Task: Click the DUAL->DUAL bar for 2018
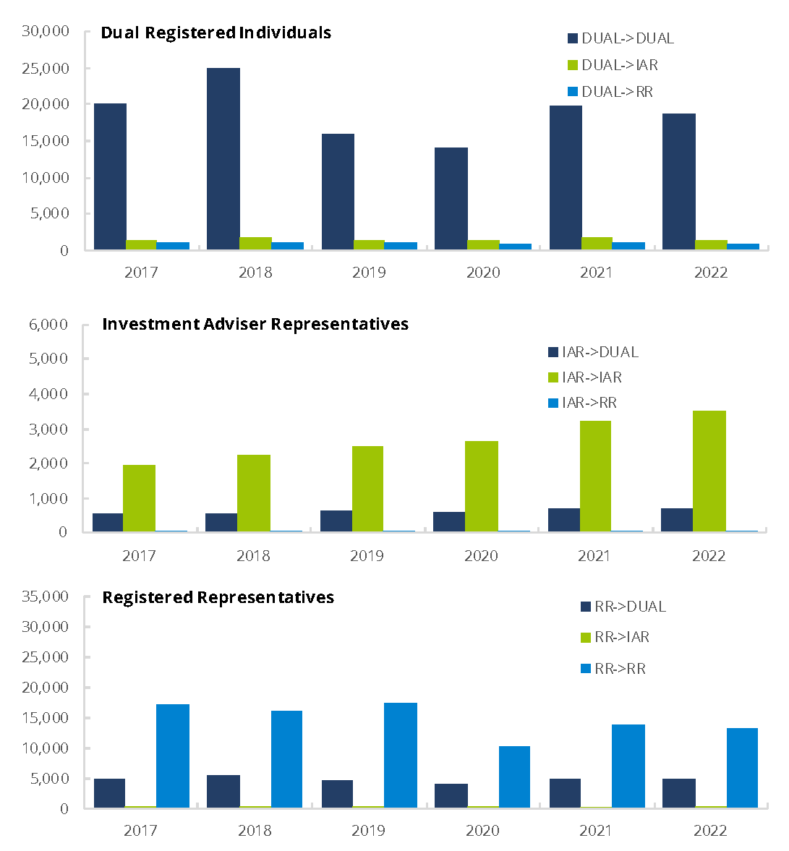[223, 159]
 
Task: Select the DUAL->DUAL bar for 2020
[451, 199]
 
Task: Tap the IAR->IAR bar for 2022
[709, 471]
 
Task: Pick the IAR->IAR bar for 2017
[139, 498]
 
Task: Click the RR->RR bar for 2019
[401, 755]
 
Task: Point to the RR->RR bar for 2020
[514, 777]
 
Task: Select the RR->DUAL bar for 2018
[223, 791]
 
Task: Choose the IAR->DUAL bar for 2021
[564, 520]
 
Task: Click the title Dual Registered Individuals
[216, 33]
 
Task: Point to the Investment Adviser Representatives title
[255, 324]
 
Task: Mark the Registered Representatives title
[218, 597]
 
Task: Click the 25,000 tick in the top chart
[46, 69]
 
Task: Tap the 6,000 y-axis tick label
[48, 325]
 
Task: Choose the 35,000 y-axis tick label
[46, 596]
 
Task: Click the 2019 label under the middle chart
[367, 556]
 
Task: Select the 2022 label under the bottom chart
[710, 831]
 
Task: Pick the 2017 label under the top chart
[141, 273]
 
